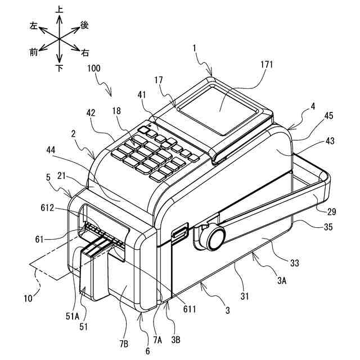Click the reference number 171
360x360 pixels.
point(267,65)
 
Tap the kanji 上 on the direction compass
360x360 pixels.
point(59,9)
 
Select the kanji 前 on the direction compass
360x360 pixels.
point(34,52)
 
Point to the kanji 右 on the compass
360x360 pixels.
point(85,53)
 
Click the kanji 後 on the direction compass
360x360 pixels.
point(84,25)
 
